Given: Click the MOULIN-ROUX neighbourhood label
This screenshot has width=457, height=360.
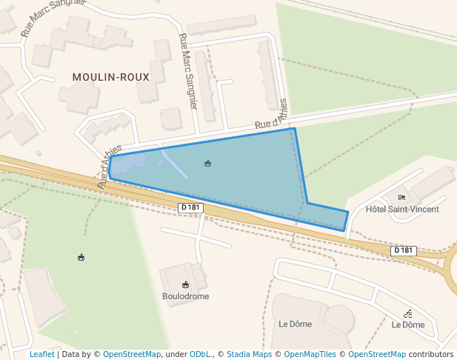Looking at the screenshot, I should coord(111,77).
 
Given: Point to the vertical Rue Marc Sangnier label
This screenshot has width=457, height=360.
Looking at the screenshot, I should coord(189,71).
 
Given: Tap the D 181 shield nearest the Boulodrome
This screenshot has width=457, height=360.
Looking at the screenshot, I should coord(190,208).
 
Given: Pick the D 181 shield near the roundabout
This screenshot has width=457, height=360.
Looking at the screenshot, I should coord(403,250).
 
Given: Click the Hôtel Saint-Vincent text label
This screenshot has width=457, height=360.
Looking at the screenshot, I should coord(402,210).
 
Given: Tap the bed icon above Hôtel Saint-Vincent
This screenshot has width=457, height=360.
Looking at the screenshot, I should coord(402,197).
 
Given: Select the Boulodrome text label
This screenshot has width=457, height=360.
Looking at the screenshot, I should coord(185,296).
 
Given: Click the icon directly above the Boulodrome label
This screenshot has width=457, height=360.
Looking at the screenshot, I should coord(185,284).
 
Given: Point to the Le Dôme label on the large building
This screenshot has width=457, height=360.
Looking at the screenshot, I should coord(295,324).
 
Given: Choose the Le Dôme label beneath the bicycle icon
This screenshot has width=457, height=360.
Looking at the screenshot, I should coord(408,324).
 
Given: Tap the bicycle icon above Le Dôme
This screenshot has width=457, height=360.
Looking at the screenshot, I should coord(408,313).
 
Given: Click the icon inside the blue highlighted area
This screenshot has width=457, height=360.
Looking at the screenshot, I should coord(207,163).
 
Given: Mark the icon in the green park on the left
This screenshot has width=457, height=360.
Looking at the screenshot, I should coord(81,257).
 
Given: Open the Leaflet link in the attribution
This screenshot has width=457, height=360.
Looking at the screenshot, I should coord(42,355).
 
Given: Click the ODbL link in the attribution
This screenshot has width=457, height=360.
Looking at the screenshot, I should coord(200,355).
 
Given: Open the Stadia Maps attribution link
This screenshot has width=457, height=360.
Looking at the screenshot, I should coord(249,355).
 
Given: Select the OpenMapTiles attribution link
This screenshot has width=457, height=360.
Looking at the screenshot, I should coord(310,355).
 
